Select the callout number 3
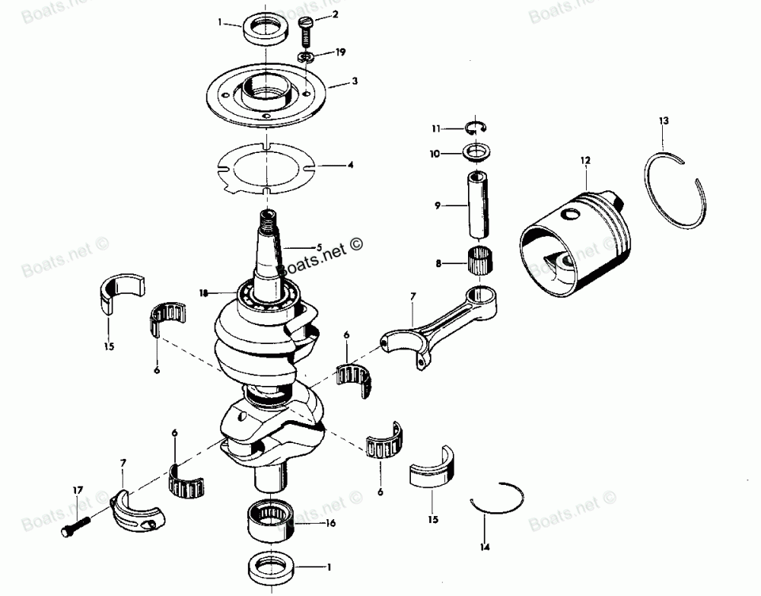355,80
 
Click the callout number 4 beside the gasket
350,164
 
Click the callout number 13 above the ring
664,120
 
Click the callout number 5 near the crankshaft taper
320,247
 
